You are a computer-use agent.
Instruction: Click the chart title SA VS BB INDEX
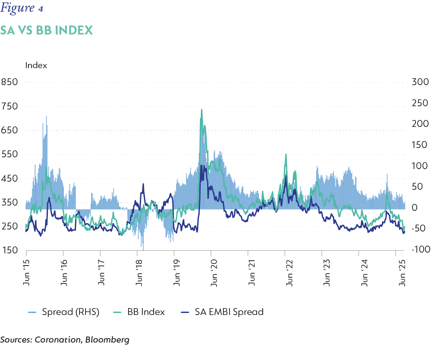(x=46, y=30)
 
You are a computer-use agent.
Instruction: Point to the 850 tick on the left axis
(x=9, y=82)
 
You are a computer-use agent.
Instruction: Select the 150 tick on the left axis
(x=9, y=251)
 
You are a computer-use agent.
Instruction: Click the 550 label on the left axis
(x=9, y=154)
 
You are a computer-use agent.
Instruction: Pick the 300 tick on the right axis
(x=420, y=82)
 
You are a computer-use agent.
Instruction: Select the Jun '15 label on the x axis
(x=26, y=274)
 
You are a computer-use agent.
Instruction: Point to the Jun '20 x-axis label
(x=211, y=274)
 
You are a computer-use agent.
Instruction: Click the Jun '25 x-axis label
(x=403, y=274)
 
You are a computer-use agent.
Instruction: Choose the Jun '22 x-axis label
(x=285, y=274)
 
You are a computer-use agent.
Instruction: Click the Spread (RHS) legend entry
(x=65, y=312)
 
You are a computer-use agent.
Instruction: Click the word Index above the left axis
(x=36, y=65)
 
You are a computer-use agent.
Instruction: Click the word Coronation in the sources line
(x=57, y=340)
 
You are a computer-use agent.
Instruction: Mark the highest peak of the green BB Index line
(x=202, y=109)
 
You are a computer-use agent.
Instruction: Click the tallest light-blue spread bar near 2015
(x=46, y=117)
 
